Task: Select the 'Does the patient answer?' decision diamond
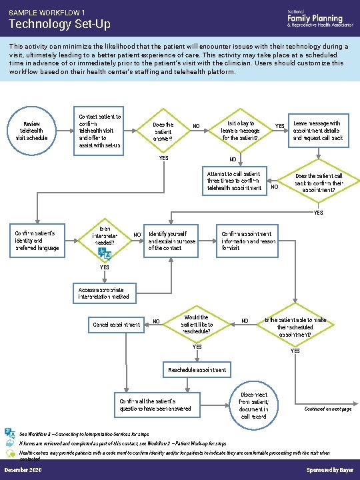tap(163, 131)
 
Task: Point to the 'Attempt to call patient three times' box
tap(234, 181)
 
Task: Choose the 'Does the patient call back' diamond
tap(319, 182)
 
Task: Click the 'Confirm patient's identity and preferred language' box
tap(37, 241)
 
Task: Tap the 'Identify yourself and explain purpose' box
tap(172, 241)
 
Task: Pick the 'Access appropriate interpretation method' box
tap(104, 293)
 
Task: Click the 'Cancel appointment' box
tap(116, 325)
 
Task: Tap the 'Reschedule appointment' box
tap(197, 369)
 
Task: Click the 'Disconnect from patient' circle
tap(254, 404)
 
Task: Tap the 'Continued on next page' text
tap(327, 408)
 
